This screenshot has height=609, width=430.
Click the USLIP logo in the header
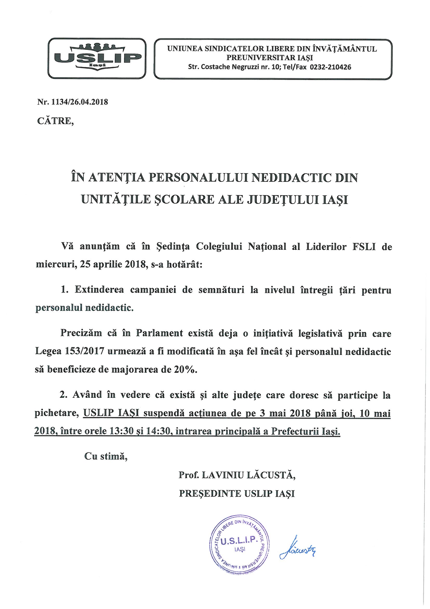click(x=97, y=58)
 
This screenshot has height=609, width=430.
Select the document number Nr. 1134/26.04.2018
click(x=73, y=102)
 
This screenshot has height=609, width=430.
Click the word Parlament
click(x=159, y=333)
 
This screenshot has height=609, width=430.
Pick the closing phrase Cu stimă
click(x=106, y=456)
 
